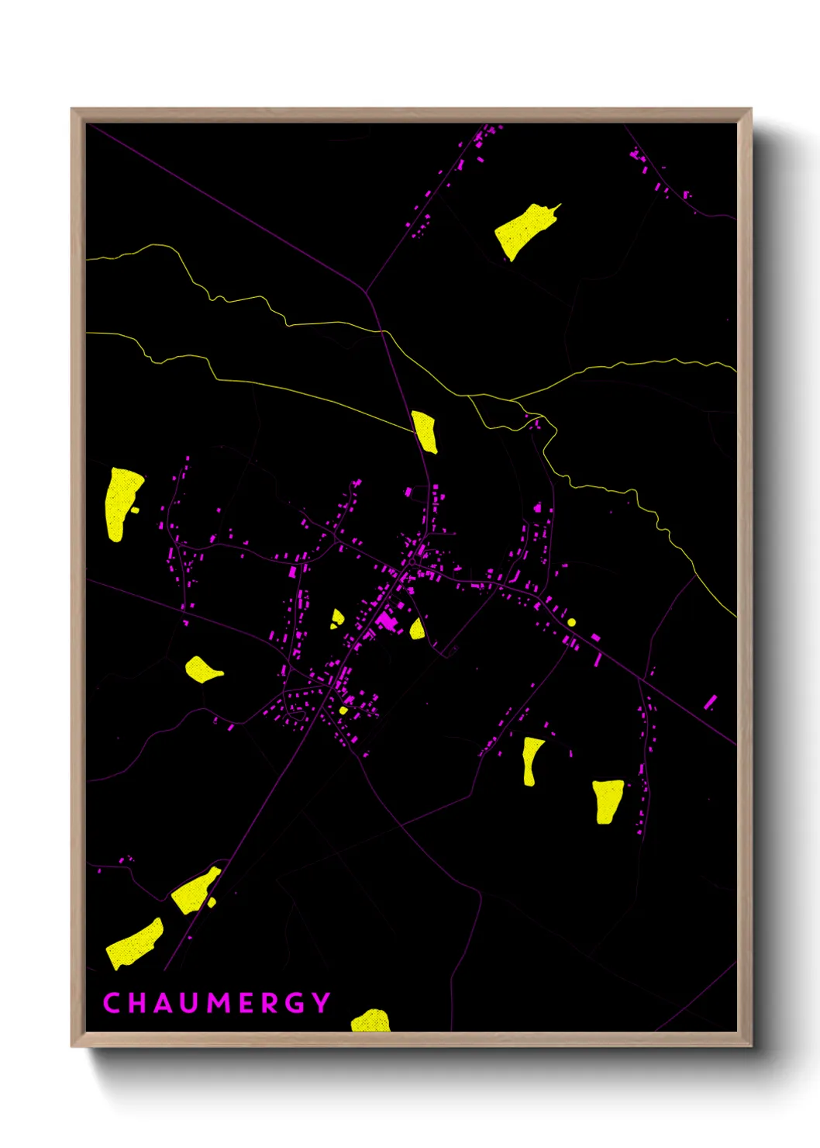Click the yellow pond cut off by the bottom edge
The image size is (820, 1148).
coord(370,1021)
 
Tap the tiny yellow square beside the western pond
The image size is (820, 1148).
coord(136,510)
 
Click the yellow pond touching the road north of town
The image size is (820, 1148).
coord(425,431)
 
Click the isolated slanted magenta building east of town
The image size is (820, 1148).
coord(710,702)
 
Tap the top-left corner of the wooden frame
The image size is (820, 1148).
coord(73,110)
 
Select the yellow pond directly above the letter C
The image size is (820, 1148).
coord(134,944)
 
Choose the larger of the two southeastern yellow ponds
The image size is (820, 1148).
coord(607,800)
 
